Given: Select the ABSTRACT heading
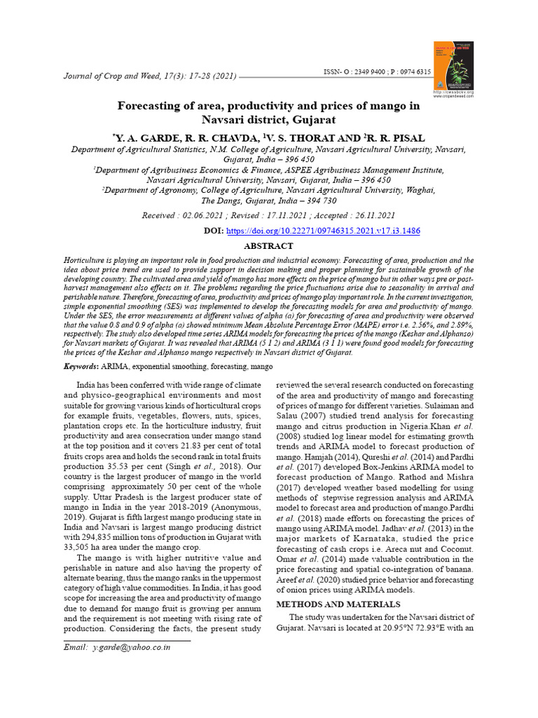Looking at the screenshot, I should pyautogui.click(x=268, y=246).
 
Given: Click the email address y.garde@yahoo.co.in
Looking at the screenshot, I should pyautogui.click(x=131, y=647).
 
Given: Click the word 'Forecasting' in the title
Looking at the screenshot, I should pyautogui.click(x=153, y=107).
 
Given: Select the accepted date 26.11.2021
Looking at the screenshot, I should pyautogui.click(x=371, y=215).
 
